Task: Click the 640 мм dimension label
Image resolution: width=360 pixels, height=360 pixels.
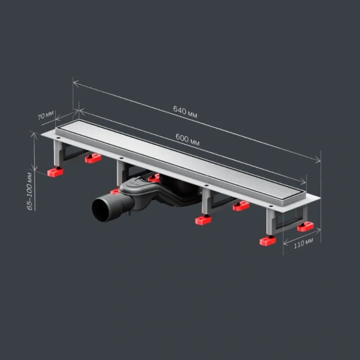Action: coord(185,112)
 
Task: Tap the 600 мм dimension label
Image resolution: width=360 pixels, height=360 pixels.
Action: coord(188,140)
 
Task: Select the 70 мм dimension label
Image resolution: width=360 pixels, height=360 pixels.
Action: coord(46,115)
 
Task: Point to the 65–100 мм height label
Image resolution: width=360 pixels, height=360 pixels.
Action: coord(29,191)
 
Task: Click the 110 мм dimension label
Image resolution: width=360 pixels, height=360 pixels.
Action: coord(303,243)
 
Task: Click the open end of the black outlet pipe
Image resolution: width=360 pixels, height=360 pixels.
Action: coord(101,210)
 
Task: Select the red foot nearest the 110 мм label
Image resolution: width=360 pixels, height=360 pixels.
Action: coord(268,241)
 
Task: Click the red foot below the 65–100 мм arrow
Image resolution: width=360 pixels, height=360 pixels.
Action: coord(56,172)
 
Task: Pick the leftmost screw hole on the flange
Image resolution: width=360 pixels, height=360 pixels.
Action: coord(58,138)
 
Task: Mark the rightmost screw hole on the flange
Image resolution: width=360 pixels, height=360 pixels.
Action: coord(271,206)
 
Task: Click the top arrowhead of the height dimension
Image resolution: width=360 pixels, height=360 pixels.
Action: coord(34,136)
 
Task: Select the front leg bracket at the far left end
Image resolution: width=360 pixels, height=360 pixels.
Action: coord(58,153)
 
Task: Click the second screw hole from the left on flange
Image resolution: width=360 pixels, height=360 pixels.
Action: coord(121,158)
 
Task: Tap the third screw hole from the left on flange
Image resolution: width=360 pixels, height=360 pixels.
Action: coord(206,185)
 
